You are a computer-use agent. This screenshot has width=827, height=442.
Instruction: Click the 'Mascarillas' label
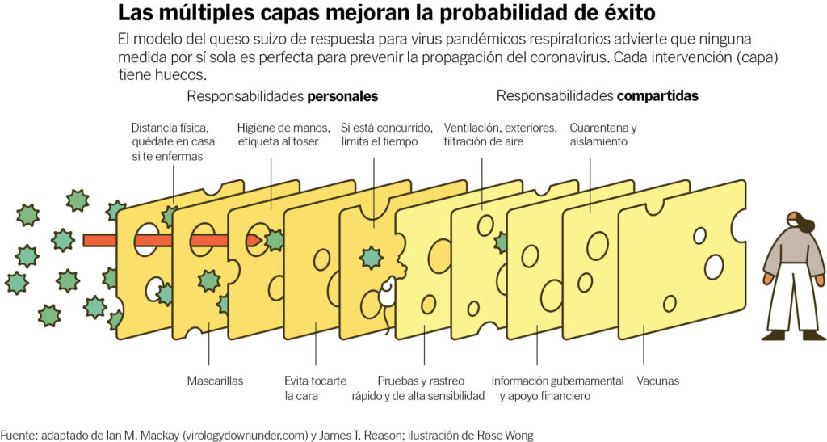215,380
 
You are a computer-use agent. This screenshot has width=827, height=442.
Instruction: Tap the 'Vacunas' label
657,381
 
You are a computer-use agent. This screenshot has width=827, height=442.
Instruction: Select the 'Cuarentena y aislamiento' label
602,134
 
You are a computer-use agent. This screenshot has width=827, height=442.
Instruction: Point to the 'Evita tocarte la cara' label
315,388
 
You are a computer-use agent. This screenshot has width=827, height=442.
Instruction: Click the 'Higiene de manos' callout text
283,128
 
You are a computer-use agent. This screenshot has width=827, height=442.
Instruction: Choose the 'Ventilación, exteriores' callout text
500,128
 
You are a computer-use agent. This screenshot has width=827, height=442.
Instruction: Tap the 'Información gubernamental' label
557,381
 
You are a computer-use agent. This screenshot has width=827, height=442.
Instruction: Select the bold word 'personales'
342,96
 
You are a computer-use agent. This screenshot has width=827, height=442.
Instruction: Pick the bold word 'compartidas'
657,96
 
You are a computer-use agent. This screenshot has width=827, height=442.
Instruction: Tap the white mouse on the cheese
387,295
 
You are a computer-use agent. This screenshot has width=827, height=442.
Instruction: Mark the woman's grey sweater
793,250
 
